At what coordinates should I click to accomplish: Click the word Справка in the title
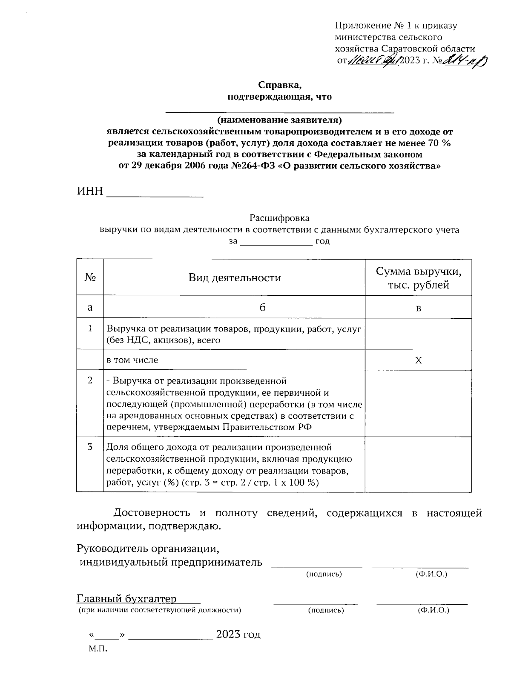point(279,85)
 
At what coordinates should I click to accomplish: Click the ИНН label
point(90,191)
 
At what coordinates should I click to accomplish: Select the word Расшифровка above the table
point(279,218)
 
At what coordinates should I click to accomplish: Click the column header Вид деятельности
point(235,278)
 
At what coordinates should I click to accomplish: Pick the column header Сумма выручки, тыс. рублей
point(418,278)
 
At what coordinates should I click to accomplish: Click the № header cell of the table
point(90,277)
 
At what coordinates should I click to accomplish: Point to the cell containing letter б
point(263,308)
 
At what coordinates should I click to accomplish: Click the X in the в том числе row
point(419,360)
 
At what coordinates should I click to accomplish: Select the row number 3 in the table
point(90,447)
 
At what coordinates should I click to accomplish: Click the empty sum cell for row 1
point(418,334)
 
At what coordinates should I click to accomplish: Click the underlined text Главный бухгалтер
point(126,599)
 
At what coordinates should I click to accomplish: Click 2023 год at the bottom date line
point(238,634)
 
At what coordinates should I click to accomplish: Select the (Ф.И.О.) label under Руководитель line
point(431,574)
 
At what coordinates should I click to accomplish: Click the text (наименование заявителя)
point(279,119)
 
